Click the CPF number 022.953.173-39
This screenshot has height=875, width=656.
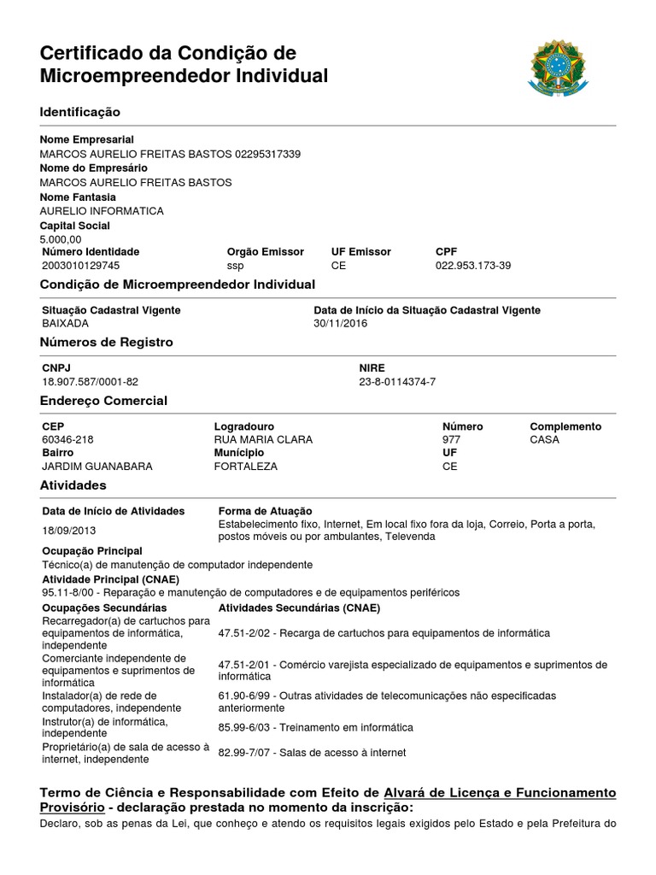tap(473, 266)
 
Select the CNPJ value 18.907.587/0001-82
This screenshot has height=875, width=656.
tap(90, 381)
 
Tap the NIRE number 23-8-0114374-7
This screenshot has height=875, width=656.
tap(397, 381)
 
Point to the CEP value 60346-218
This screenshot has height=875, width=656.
tap(67, 439)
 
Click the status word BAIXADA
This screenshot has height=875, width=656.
tap(65, 324)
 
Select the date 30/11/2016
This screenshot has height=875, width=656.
tap(340, 324)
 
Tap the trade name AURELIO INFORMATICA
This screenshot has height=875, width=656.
tap(102, 211)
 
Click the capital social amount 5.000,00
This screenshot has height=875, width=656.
tap(61, 239)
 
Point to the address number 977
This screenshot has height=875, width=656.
tap(451, 439)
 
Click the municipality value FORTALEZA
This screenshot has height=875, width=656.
tap(246, 467)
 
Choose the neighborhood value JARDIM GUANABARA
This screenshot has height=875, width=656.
tap(97, 467)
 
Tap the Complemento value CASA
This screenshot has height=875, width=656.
tap(545, 439)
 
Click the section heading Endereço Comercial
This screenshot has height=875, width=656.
tap(103, 401)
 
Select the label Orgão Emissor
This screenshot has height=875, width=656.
tap(265, 252)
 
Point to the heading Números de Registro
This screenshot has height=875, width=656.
tap(106, 343)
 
